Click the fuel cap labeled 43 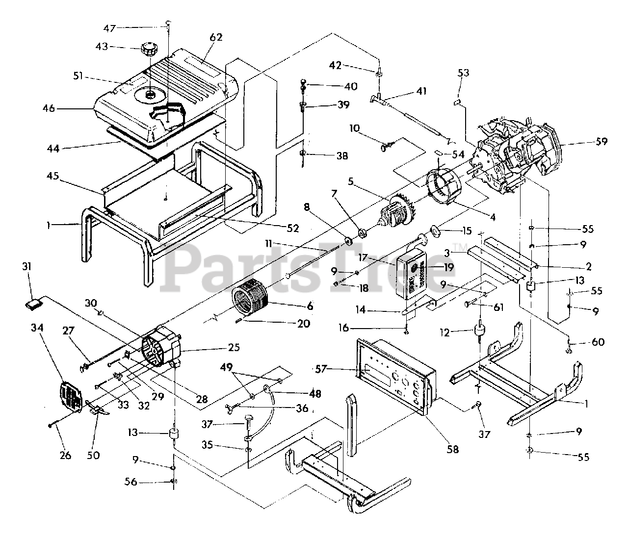click(x=149, y=50)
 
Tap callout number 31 click(x=26, y=266)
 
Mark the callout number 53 click(x=463, y=73)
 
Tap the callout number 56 click(x=131, y=482)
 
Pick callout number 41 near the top click(x=421, y=91)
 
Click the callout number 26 click(x=65, y=456)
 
